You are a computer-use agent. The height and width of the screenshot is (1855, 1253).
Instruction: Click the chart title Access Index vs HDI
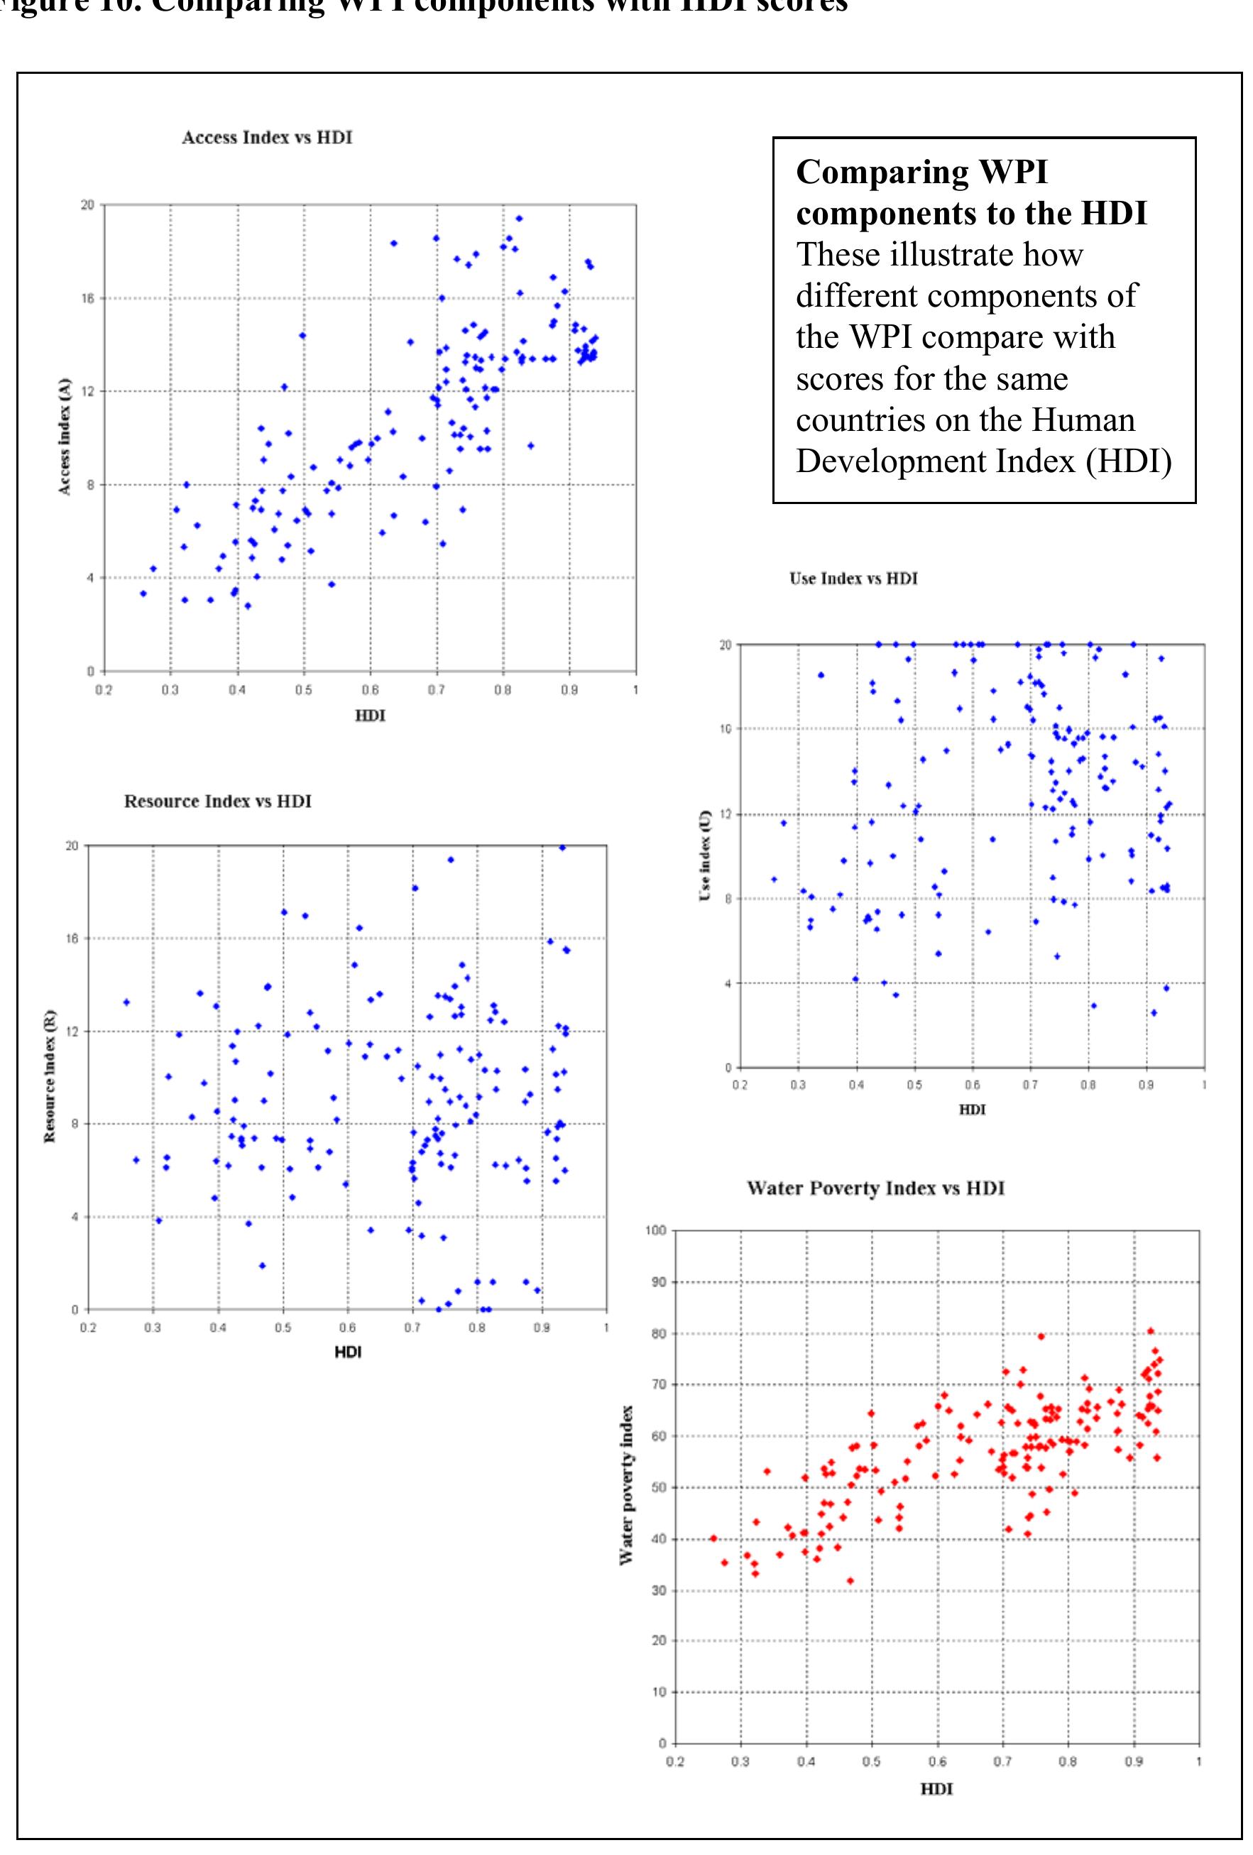point(266,137)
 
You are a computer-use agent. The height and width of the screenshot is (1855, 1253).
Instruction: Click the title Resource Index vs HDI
point(217,801)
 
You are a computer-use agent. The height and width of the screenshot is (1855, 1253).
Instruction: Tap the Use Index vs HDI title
point(853,579)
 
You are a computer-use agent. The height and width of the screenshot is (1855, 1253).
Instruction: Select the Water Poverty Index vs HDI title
point(875,1188)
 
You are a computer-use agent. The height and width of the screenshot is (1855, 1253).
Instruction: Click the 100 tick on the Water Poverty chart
point(655,1231)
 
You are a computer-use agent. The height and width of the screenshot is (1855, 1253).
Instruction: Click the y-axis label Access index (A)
point(65,437)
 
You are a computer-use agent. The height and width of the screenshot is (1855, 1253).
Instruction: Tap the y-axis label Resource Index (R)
point(50,1076)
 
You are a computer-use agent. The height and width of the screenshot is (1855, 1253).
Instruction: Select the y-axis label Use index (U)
point(705,855)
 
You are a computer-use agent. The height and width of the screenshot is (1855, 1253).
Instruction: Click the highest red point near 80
point(1150,1330)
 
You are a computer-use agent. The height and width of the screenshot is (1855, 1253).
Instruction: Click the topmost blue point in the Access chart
point(519,218)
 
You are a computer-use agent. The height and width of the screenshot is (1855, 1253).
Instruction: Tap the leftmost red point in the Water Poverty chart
point(713,1538)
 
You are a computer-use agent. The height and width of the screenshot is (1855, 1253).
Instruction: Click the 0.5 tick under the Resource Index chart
point(283,1328)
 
